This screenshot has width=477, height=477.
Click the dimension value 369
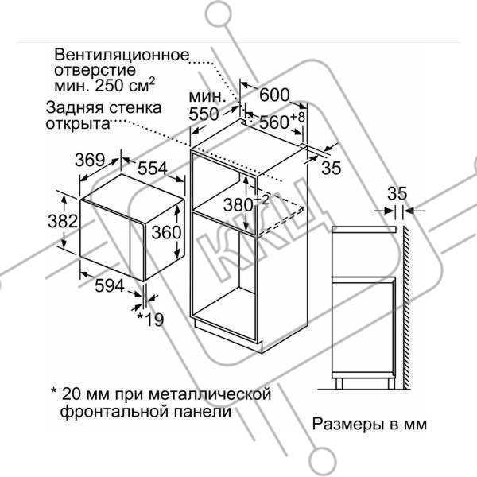90,160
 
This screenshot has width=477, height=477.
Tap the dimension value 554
153,169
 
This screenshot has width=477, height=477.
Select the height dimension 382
63,221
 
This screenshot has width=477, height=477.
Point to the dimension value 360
166,232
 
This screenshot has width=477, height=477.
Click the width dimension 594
110,285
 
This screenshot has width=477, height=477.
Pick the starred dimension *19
150,319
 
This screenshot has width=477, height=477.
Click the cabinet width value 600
274,95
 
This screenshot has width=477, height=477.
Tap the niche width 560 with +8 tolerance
282,121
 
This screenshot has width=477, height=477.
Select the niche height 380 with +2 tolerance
246,204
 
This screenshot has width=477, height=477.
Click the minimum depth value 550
204,114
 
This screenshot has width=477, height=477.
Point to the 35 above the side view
397,193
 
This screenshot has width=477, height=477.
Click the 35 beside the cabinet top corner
332,168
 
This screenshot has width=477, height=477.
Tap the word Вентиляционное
122,55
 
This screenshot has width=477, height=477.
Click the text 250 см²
125,85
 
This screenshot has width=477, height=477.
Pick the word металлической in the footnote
210,394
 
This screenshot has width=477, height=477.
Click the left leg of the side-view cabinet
339,384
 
